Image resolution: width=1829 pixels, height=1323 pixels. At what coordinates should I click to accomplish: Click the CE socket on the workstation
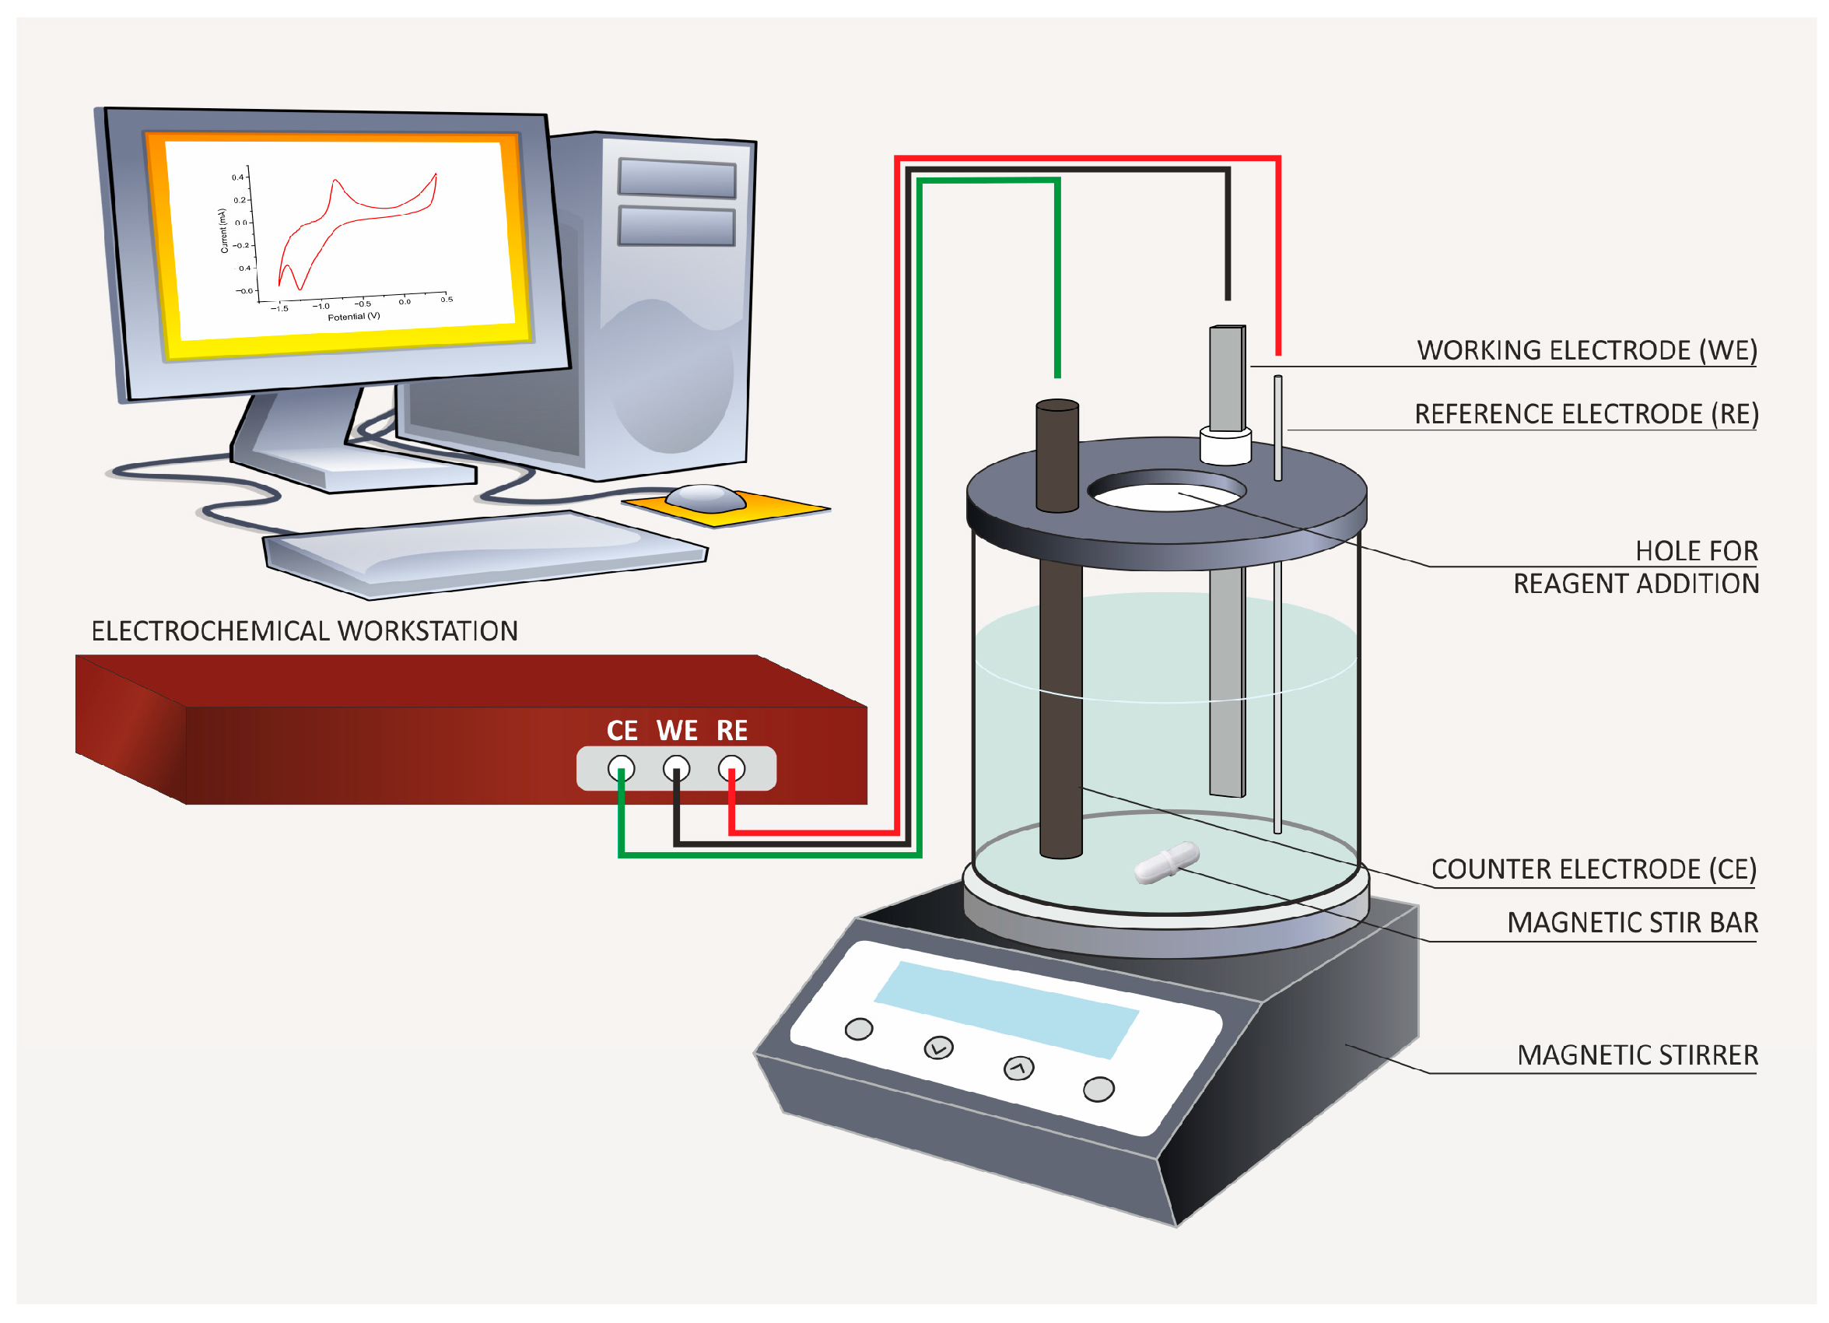pos(621,768)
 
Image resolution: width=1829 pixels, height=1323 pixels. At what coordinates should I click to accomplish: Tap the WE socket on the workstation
pos(676,768)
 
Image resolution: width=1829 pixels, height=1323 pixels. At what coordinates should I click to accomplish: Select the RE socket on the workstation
pos(731,768)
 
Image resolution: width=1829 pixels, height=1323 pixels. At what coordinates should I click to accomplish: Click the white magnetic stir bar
pos(1166,862)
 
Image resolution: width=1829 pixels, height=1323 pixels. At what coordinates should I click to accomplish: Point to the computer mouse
pos(705,499)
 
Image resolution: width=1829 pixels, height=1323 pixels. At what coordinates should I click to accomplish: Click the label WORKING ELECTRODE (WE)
pos(1586,350)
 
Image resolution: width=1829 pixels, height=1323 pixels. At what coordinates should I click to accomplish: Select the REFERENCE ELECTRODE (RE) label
pos(1585,414)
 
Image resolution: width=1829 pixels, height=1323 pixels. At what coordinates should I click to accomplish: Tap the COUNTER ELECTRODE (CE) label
pos(1593,869)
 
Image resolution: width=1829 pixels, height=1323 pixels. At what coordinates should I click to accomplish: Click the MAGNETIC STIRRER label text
pos(1637,1055)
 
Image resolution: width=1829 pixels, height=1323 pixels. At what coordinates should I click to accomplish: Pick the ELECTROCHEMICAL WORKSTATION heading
pos(304,631)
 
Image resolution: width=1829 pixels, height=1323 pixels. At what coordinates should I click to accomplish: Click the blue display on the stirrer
pos(1005,1009)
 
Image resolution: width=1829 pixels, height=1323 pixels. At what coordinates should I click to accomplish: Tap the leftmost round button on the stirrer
pos(858,1030)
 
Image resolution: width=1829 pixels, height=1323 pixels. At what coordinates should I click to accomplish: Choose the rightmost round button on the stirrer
pos(1098,1089)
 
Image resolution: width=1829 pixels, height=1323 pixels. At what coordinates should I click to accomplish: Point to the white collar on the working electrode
pos(1225,446)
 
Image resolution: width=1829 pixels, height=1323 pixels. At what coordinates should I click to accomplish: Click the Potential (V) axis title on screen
pos(353,316)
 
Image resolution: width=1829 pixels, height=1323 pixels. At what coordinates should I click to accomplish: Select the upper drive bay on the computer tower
pos(677,177)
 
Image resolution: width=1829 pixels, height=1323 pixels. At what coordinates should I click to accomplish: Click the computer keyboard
pos(484,553)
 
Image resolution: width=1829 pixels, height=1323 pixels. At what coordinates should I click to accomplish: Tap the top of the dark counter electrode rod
pos(1057,405)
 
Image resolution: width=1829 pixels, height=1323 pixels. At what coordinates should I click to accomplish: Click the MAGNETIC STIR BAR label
pos(1632,922)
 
